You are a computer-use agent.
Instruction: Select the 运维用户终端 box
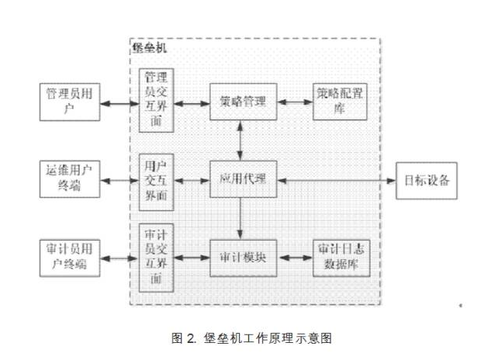coord(70,180)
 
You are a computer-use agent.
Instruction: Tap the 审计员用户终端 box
coord(70,258)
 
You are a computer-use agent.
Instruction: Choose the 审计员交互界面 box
coord(156,258)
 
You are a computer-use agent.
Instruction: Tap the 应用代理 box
coord(244,180)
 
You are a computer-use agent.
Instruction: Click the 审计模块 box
coord(244,258)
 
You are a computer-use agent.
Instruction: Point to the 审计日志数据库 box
coord(341,258)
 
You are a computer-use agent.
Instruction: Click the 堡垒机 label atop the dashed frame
coord(149,48)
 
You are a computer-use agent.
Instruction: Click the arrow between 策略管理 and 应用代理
coord(244,140)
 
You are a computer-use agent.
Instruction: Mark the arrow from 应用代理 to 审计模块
coord(244,219)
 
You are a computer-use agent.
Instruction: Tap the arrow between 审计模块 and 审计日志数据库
coord(295,258)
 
